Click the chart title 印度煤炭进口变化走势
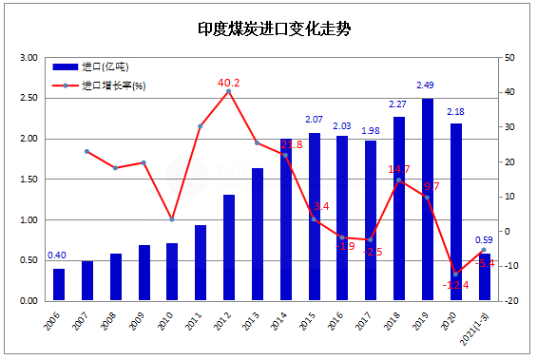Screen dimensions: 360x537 click(267, 29)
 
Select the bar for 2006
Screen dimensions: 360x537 click(59, 284)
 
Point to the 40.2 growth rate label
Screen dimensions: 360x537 click(229, 83)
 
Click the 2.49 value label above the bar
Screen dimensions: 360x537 click(427, 86)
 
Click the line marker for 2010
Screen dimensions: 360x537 click(172, 219)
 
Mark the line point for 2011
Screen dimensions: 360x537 click(201, 126)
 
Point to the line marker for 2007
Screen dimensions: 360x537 click(87, 152)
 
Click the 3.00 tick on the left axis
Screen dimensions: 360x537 click(28, 58)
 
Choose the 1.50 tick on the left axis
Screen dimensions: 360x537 click(28, 180)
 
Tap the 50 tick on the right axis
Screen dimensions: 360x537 click(508, 58)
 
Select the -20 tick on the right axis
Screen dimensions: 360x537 click(510, 301)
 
